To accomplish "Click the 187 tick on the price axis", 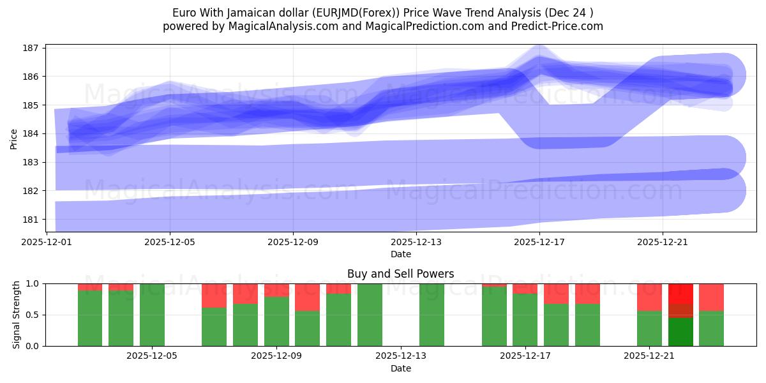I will pyautogui.click(x=32, y=48).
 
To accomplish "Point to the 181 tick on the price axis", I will pyautogui.click(x=32, y=220).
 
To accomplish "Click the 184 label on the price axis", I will pyautogui.click(x=32, y=133).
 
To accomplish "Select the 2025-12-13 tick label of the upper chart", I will pyautogui.click(x=416, y=242).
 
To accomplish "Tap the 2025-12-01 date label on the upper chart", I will pyautogui.click(x=47, y=242).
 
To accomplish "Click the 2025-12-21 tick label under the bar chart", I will pyautogui.click(x=649, y=356).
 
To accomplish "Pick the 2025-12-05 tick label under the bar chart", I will pyautogui.click(x=152, y=356).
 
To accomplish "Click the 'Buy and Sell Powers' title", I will pyautogui.click(x=400, y=274).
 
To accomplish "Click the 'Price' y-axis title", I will pyautogui.click(x=14, y=138).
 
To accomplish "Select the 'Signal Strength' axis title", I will pyautogui.click(x=16, y=315).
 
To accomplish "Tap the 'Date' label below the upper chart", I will pyautogui.click(x=400, y=254).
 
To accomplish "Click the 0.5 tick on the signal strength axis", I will pyautogui.click(x=32, y=315).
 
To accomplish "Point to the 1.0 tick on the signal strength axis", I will pyautogui.click(x=32, y=283).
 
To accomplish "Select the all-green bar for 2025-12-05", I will pyautogui.click(x=152, y=315).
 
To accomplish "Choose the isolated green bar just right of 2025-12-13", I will pyautogui.click(x=432, y=315).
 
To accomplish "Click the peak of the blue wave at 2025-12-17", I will pyautogui.click(x=539, y=61).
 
